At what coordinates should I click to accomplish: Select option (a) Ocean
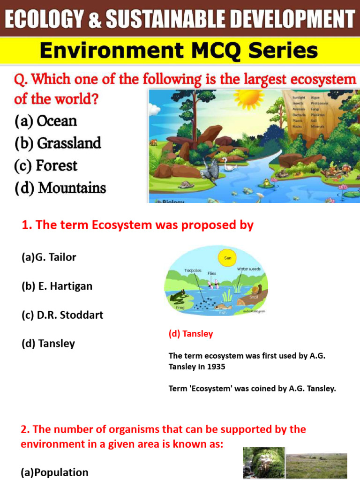tap(45, 121)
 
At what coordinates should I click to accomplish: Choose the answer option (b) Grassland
tap(58, 143)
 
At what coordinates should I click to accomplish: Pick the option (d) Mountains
tap(60, 188)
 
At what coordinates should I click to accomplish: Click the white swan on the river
tap(230, 164)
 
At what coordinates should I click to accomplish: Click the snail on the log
tap(253, 291)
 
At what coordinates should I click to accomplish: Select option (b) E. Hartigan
tap(57, 286)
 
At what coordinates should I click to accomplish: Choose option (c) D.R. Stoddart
tap(62, 315)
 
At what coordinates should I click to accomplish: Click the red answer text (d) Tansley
tap(191, 334)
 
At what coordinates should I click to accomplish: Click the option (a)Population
tap(54, 472)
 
